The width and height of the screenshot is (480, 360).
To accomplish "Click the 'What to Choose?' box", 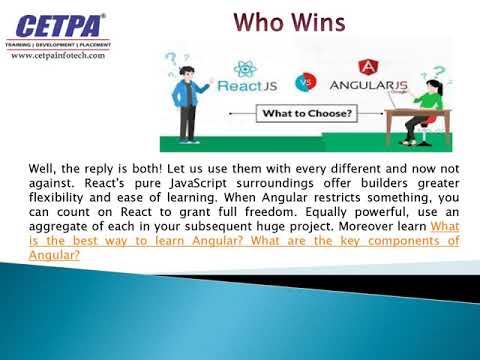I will [x=307, y=113].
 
